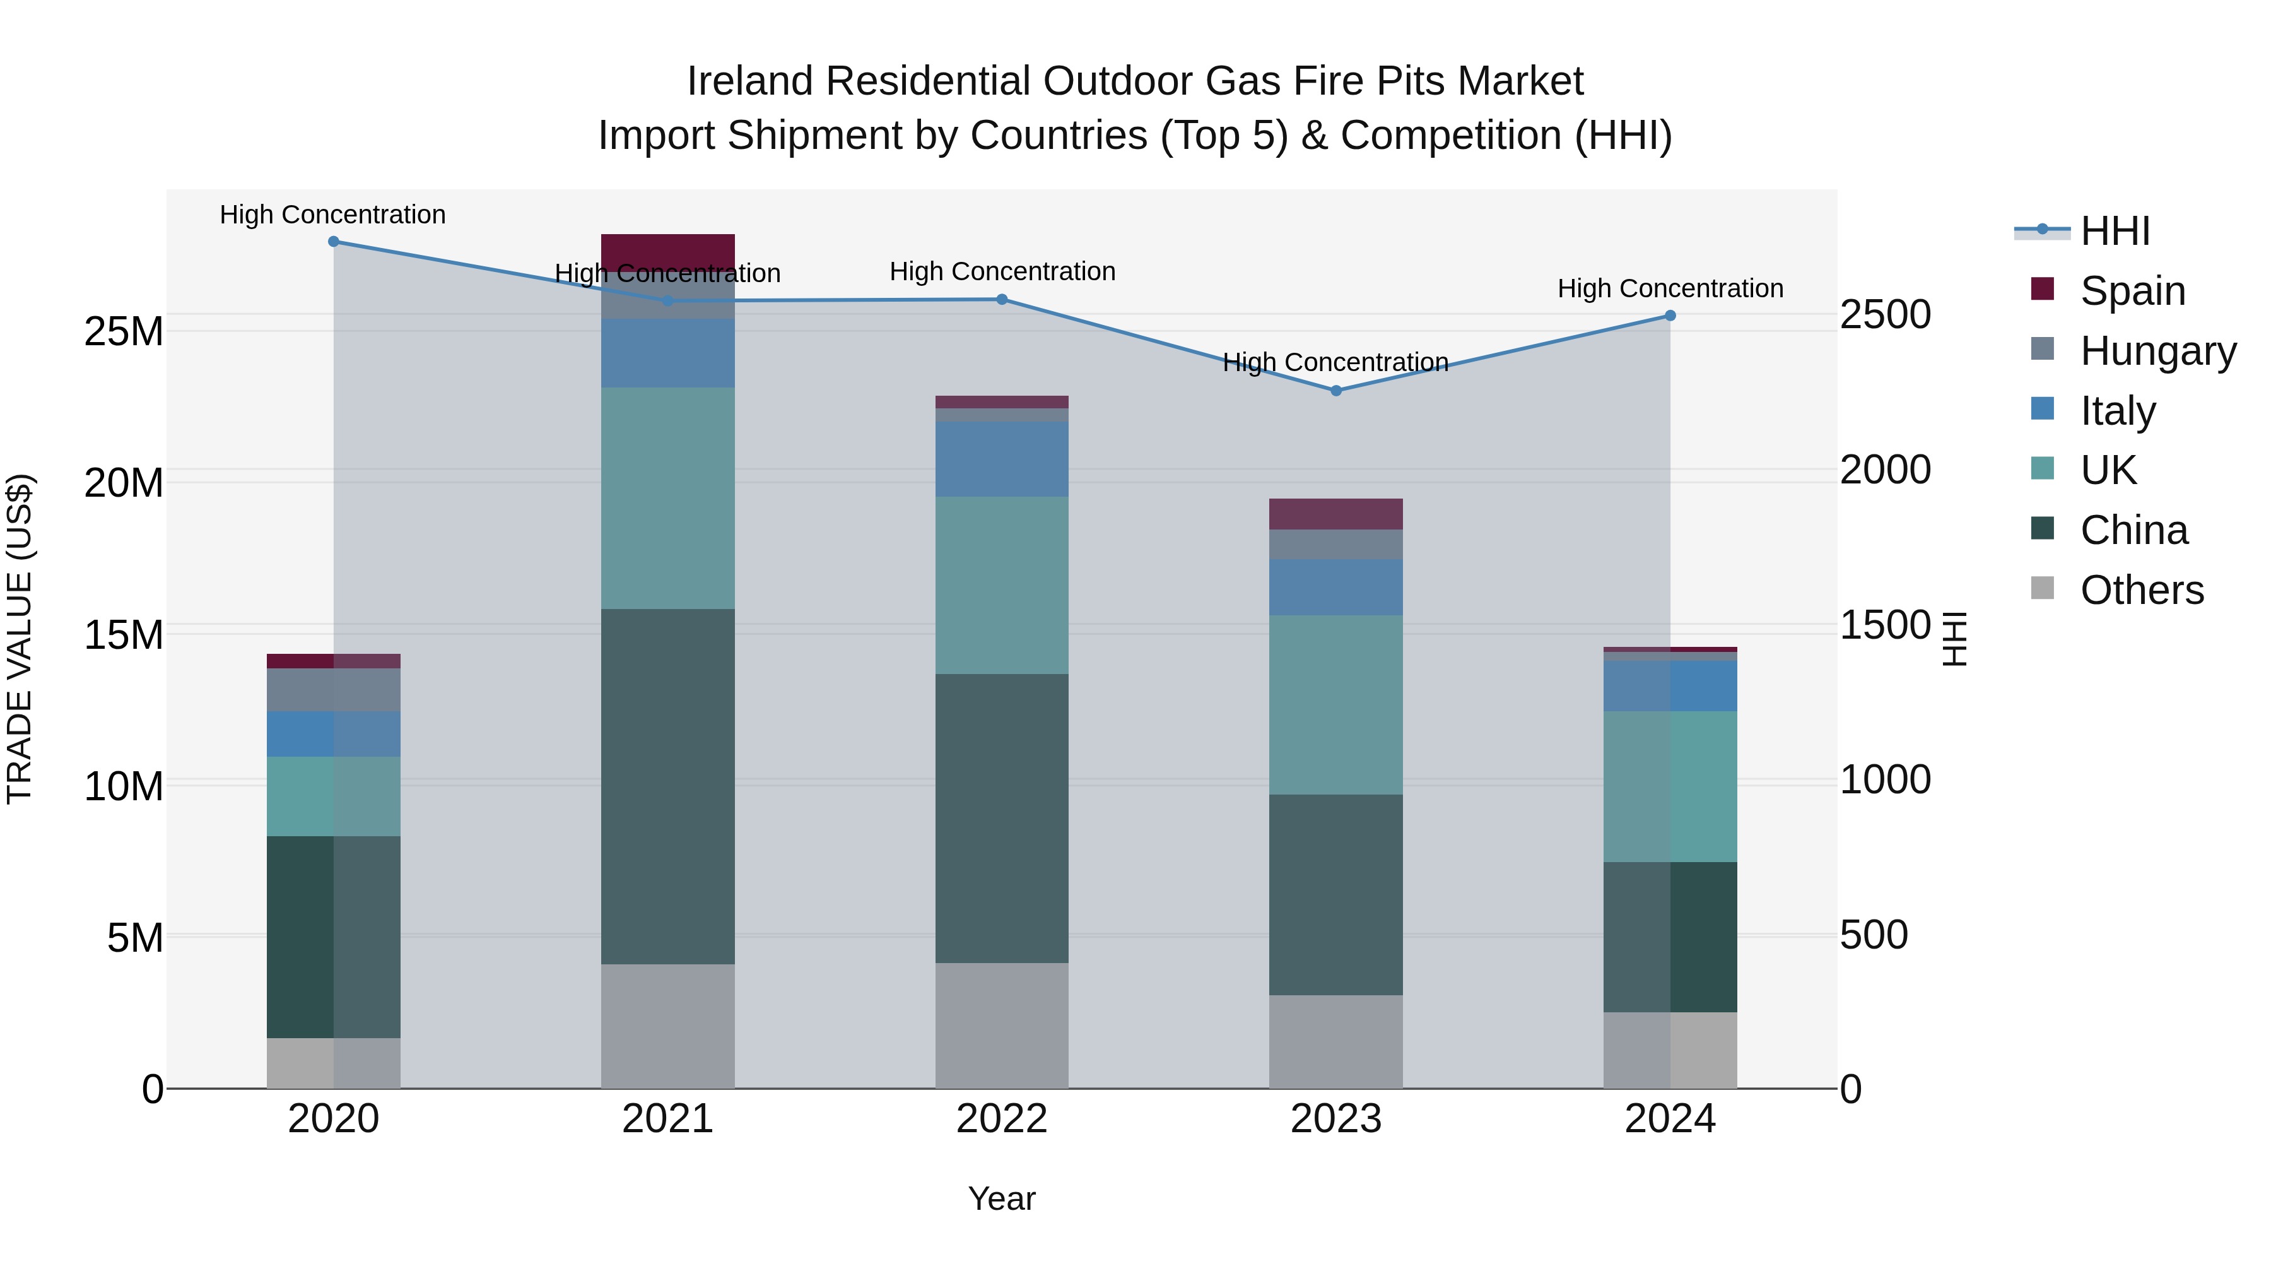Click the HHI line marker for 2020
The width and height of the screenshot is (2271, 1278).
pos(333,242)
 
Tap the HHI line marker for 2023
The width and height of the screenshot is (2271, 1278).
pos(1335,391)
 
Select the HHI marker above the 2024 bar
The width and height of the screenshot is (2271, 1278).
pos(1670,316)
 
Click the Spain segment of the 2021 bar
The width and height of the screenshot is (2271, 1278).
pos(667,251)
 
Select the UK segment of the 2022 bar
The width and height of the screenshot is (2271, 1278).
pos(1002,585)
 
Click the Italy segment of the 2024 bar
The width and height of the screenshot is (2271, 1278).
pos(1670,685)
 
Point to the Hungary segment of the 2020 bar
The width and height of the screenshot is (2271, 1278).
pos(333,690)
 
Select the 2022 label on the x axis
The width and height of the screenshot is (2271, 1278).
pos(1002,1119)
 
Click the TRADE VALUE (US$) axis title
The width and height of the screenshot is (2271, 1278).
pos(20,639)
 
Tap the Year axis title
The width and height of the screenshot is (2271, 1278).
pos(1002,1198)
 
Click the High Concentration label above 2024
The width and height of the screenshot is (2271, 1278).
pos(1670,288)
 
